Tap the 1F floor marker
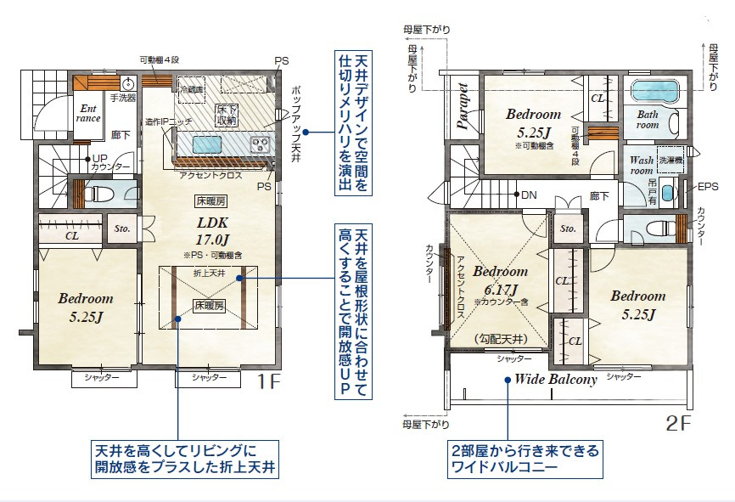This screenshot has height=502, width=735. [x=269, y=382]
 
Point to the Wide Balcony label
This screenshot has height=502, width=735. [x=555, y=379]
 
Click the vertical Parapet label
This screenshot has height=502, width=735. [x=463, y=105]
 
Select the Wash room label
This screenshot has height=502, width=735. [x=641, y=165]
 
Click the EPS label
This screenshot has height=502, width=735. [x=708, y=186]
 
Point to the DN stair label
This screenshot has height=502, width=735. [x=528, y=195]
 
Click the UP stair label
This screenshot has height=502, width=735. [x=99, y=158]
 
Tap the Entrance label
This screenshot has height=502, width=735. [x=89, y=113]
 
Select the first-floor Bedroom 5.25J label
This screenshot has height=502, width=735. [x=86, y=307]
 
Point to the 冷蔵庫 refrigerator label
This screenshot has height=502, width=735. [x=192, y=88]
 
